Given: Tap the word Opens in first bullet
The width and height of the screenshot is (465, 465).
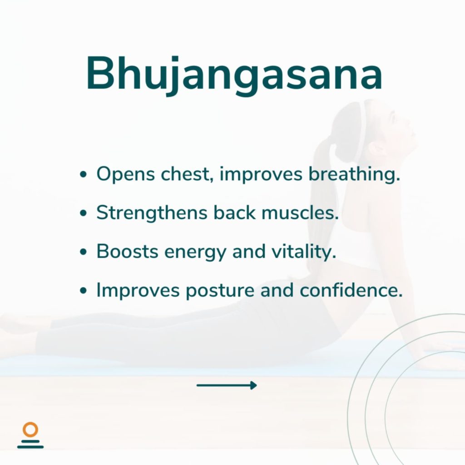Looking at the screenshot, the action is [x=125, y=174].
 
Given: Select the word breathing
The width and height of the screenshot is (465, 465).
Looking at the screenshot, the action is [x=354, y=174].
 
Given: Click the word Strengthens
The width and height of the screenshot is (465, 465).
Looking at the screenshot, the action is [x=152, y=213].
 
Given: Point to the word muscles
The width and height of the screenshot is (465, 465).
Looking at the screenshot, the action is [x=300, y=213].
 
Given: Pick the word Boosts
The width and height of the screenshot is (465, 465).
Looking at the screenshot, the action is [x=127, y=252].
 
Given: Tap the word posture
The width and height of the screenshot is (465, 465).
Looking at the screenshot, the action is [x=219, y=291].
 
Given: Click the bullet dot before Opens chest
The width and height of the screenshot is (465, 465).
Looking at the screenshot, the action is [x=84, y=174].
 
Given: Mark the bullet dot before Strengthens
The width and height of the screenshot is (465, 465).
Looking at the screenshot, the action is [x=84, y=213].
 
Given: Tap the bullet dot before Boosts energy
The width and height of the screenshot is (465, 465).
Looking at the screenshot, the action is [x=84, y=252].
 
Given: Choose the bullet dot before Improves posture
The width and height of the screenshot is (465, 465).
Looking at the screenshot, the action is [x=84, y=290].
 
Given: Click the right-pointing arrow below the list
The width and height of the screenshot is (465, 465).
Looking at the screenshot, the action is [x=227, y=385].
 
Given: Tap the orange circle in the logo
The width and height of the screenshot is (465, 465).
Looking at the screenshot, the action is [x=30, y=430].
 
